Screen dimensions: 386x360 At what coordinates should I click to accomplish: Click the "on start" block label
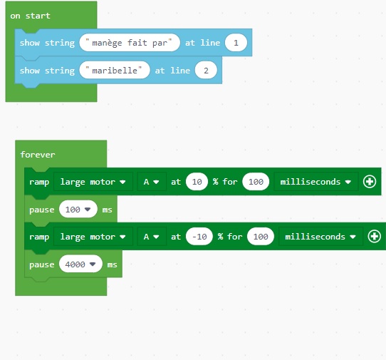coord(31,16)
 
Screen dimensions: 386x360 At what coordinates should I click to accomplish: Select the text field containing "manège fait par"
coord(130,43)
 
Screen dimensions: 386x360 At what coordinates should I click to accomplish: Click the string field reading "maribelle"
coord(115,71)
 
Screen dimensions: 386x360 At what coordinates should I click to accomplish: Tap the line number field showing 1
coord(236,43)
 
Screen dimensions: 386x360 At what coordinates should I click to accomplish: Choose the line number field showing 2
coord(206,71)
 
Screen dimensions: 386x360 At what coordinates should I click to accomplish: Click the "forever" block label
coord(38,155)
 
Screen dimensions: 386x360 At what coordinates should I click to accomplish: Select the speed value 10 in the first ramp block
coord(197,182)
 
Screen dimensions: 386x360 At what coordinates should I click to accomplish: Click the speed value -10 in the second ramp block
coord(199,237)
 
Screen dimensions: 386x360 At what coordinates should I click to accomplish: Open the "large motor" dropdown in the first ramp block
coord(93,182)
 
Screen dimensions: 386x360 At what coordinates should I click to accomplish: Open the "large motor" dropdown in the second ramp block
coord(93,237)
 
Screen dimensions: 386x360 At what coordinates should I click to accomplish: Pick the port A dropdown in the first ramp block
coord(152,182)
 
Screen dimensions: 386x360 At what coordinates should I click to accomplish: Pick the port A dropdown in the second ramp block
coord(152,237)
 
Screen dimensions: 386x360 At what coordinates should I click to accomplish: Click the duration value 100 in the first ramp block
coord(256,182)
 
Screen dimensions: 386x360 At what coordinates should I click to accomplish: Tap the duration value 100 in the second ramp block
coord(261,237)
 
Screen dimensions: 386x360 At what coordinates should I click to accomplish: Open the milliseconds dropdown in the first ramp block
coord(315,182)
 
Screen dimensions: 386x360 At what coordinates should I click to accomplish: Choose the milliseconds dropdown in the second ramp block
coord(320,237)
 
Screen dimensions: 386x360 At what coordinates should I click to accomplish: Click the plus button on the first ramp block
coord(370,182)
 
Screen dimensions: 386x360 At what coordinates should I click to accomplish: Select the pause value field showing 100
coord(78,209)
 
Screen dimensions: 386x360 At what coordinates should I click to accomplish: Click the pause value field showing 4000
coord(80,264)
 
